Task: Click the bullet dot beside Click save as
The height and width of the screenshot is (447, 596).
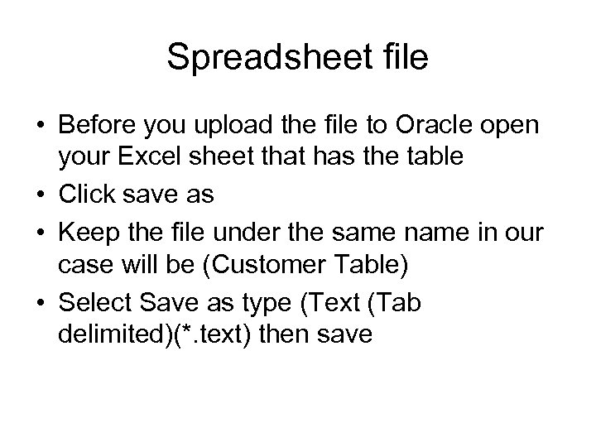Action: [x=36, y=195]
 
